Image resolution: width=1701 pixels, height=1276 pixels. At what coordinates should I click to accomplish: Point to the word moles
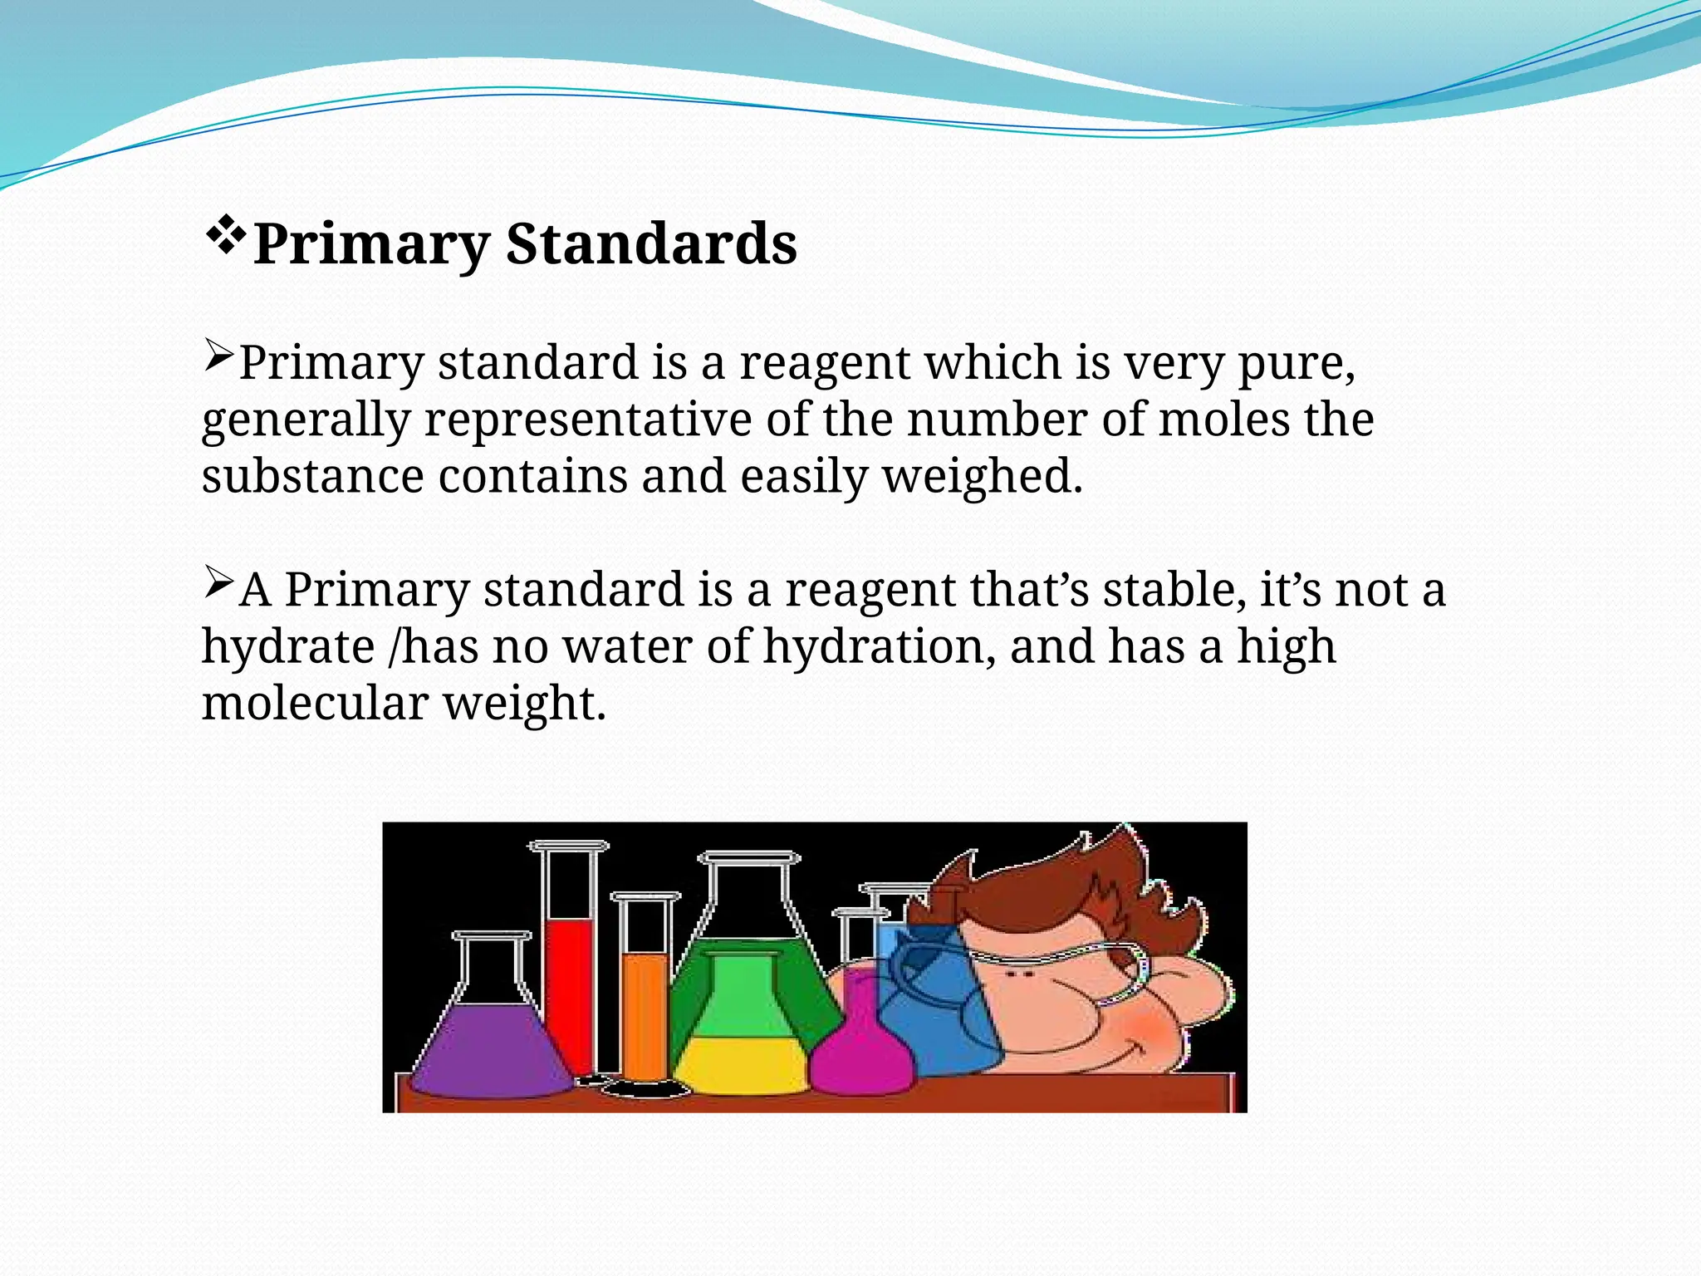pos(1224,420)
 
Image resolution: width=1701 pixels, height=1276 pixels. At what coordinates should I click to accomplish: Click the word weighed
pos(982,477)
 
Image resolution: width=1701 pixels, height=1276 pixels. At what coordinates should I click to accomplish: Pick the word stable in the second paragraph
pos(1174,590)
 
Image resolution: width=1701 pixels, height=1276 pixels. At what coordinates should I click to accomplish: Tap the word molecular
pos(315,703)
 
